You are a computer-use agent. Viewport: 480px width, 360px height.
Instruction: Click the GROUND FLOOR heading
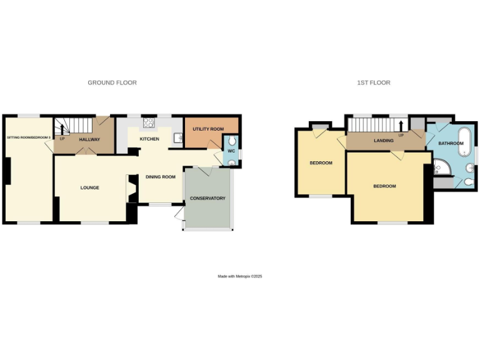click(112, 82)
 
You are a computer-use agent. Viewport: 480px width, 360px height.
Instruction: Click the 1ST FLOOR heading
click(374, 82)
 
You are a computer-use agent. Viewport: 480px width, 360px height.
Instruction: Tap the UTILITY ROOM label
click(208, 129)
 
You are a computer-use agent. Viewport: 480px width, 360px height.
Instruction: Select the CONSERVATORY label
click(207, 199)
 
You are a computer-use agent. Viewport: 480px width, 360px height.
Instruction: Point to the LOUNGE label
click(90, 187)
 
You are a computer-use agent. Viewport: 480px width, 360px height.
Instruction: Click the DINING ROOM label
click(161, 177)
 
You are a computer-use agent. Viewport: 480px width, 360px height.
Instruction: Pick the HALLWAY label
click(89, 139)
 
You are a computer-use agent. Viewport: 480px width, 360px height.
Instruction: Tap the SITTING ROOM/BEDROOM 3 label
click(27, 136)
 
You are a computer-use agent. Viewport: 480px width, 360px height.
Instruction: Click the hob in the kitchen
click(149, 123)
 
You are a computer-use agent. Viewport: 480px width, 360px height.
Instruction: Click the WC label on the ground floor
click(230, 151)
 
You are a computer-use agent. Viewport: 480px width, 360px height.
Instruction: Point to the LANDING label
click(384, 141)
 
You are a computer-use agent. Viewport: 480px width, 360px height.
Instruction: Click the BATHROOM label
click(451, 144)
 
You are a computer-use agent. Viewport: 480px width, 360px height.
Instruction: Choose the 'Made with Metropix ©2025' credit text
click(240, 276)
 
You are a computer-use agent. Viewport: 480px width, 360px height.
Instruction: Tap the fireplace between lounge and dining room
click(132, 188)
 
